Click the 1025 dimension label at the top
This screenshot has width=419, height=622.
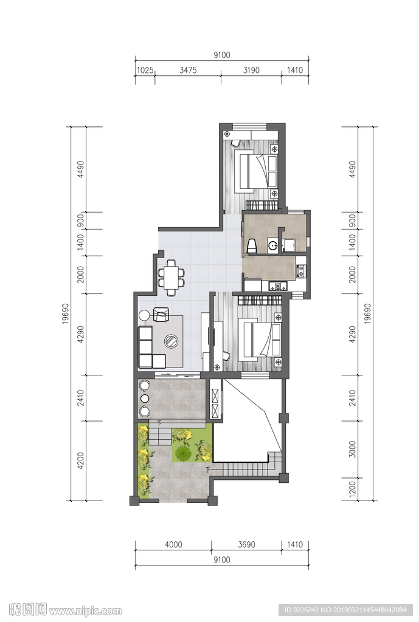tap(145, 70)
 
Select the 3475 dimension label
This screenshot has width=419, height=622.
tap(188, 70)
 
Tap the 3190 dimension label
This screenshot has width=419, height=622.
tap(251, 70)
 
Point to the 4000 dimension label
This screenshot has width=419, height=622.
tap(173, 545)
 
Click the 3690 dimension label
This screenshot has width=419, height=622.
tap(246, 545)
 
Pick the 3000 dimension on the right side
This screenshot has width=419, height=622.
tap(352, 449)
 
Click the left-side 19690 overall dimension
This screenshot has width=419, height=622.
tap(66, 314)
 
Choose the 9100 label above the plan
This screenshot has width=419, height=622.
tap(221, 55)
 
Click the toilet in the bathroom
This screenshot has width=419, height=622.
tap(252, 245)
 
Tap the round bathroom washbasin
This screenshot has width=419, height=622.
tap(273, 246)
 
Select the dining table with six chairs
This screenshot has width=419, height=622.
tap(171, 277)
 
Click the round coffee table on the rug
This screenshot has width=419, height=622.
tap(172, 341)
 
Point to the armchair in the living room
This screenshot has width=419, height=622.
tap(161, 314)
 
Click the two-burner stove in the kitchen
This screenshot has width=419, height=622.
tap(301, 270)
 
